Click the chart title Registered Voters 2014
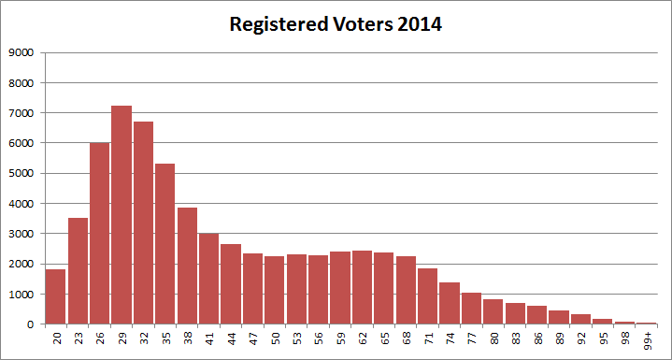(x=336, y=25)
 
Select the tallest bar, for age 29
(x=122, y=215)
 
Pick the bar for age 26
(x=100, y=234)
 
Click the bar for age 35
(x=165, y=244)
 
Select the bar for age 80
(x=493, y=311)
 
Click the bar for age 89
(x=558, y=317)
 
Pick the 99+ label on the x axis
(x=647, y=342)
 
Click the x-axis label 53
(x=297, y=340)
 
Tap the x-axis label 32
(x=144, y=340)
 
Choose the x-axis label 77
(x=472, y=340)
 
